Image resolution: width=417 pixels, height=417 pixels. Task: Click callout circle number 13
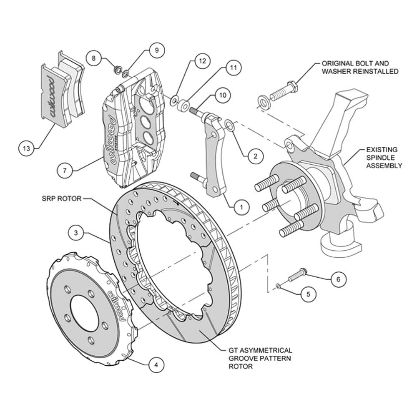click(27, 148)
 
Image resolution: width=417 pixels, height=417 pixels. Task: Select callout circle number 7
click(65, 170)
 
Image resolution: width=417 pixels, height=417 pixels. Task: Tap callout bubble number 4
click(156, 364)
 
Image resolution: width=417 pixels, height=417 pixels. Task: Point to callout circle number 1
click(241, 206)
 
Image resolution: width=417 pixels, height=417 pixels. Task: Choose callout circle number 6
click(338, 279)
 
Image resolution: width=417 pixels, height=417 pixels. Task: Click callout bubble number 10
click(223, 95)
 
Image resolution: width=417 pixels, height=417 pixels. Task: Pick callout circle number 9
click(156, 50)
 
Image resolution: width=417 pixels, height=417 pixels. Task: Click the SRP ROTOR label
click(61, 198)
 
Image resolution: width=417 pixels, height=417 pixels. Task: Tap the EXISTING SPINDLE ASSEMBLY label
click(384, 158)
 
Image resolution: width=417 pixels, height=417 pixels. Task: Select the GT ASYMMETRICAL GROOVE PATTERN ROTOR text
click(260, 358)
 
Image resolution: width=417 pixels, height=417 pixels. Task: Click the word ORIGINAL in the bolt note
click(338, 63)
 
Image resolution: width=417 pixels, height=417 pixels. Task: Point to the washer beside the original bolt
click(264, 102)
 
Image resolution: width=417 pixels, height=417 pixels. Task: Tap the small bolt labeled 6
click(298, 275)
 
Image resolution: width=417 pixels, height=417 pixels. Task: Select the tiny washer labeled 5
click(278, 286)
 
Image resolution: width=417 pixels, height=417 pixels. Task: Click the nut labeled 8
click(117, 70)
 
